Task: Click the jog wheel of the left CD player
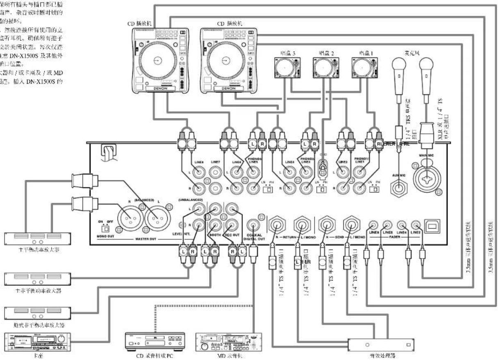[x=156, y=61]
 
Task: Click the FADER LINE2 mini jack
[x=416, y=225]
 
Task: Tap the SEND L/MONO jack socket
[x=351, y=225]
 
